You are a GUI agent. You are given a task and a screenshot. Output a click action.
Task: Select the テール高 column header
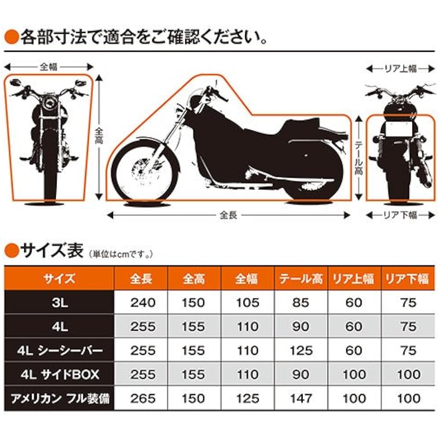(301, 279)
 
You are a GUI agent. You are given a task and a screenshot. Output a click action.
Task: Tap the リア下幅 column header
(407, 279)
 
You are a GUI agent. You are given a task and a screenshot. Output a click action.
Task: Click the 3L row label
(59, 303)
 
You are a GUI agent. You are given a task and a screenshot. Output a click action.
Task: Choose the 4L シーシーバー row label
(59, 350)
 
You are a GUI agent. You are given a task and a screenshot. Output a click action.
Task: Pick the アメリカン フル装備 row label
(59, 398)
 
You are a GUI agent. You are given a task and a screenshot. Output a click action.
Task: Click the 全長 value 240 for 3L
(143, 303)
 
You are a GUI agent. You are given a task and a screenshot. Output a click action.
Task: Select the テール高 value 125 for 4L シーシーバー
(301, 350)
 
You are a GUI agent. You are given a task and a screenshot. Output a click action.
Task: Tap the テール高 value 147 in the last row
(301, 398)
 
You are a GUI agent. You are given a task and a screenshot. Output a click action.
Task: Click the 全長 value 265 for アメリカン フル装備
(143, 398)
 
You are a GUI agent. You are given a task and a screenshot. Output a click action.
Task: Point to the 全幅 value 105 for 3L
(247, 303)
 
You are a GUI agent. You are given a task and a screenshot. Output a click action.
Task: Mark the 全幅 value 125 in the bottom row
(247, 398)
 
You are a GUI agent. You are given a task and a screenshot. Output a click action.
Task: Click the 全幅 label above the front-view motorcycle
(48, 67)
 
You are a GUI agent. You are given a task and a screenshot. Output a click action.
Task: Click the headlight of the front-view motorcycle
(48, 106)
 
